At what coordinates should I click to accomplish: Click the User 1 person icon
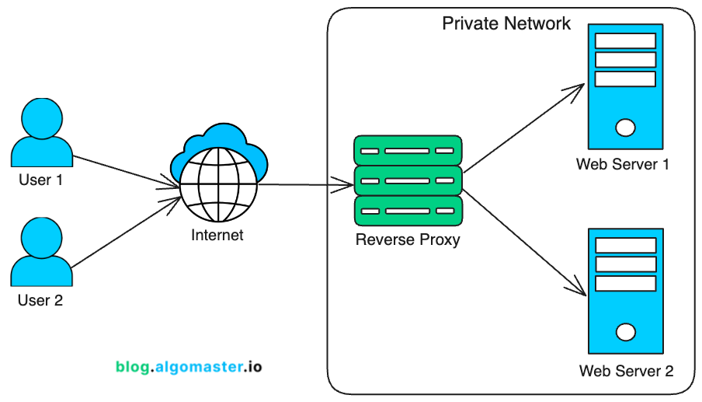point(40,131)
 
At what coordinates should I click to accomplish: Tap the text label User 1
point(40,180)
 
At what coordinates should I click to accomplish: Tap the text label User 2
point(40,300)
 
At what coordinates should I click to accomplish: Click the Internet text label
point(217,235)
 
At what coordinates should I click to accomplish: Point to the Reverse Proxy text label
point(408,239)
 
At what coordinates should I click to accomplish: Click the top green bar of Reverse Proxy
point(408,150)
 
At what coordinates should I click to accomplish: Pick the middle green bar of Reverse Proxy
point(408,180)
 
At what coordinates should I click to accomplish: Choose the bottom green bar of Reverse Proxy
point(408,211)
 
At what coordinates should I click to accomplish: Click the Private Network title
point(506,23)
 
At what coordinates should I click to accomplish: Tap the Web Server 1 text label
point(623,164)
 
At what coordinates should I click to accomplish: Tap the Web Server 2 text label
point(627,371)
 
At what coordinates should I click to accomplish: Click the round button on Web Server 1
point(625,127)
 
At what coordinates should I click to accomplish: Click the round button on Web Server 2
point(625,332)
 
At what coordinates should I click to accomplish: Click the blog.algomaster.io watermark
point(189,365)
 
